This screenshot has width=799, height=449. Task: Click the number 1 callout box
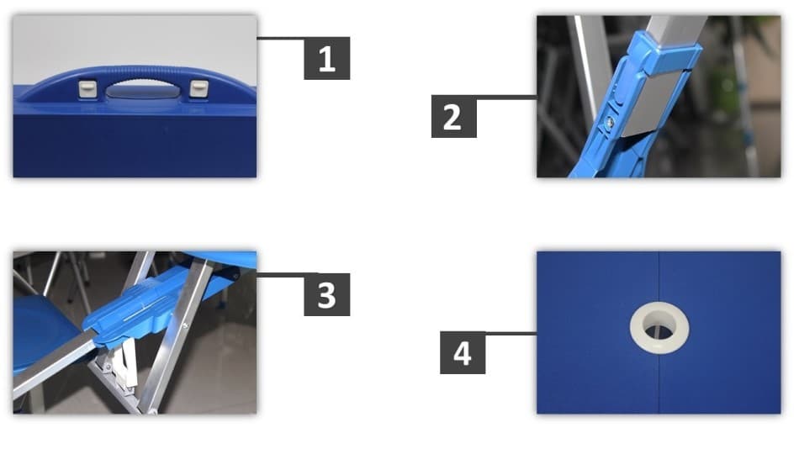pos(326,58)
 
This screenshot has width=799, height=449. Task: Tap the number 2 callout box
pos(453,117)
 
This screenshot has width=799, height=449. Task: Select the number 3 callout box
pos(326,295)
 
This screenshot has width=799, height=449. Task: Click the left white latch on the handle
pos(85,87)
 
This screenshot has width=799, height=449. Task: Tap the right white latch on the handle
pos(198,87)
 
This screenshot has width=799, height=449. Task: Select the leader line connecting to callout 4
pos(511,334)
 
